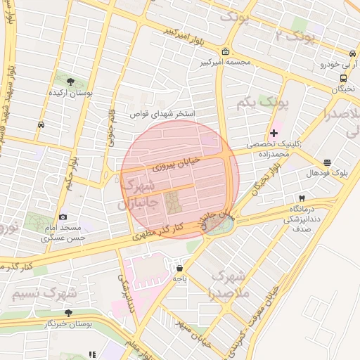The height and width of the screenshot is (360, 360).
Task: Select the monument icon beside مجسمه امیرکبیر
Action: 224,52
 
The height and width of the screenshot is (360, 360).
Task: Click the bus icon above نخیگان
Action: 343,78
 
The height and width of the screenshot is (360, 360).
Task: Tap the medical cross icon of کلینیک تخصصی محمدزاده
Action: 274,133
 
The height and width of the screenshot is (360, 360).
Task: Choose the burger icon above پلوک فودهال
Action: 327,162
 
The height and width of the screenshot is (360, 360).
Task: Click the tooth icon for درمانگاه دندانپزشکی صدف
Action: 302,198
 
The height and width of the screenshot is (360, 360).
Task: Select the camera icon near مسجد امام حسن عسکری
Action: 63,217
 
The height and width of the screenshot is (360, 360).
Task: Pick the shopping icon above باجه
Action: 179,268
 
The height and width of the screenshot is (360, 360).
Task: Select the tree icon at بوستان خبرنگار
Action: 68,313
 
